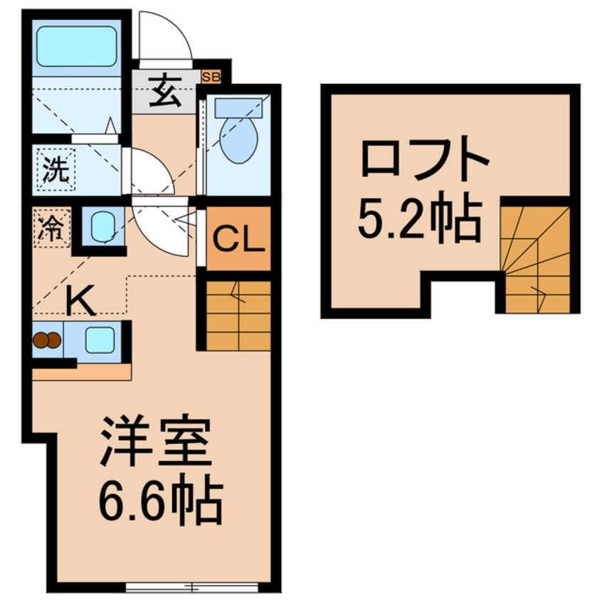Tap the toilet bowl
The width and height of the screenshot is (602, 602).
click(x=238, y=139)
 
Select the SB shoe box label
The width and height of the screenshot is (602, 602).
click(x=211, y=75)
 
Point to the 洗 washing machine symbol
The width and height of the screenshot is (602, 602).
click(x=56, y=170)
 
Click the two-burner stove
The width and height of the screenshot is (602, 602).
click(x=47, y=341)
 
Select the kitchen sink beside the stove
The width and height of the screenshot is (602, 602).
click(x=99, y=340)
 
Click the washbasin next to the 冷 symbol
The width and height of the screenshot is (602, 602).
click(x=101, y=226)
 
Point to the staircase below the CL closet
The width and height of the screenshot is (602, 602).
click(x=238, y=315)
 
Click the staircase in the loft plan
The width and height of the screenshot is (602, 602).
click(x=537, y=260)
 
